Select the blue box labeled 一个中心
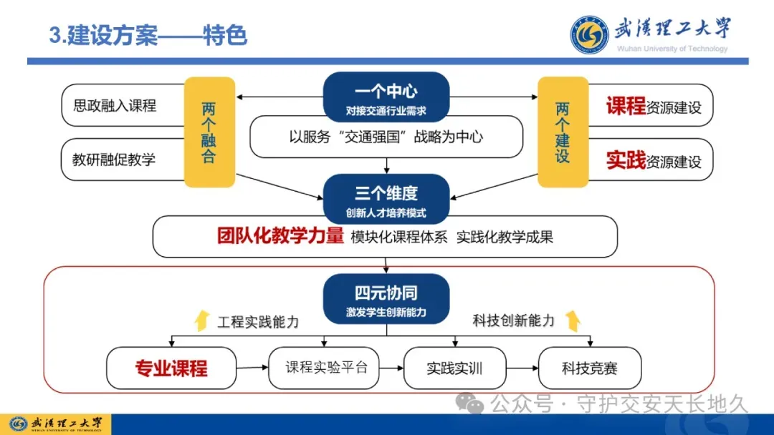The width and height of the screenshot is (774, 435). (x=386, y=99)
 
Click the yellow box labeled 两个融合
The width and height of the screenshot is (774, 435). (x=209, y=132)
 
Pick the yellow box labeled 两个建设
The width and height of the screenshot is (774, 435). (x=563, y=132)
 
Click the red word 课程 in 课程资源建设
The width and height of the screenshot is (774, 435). (x=626, y=107)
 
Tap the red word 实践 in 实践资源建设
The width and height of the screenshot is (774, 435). (x=626, y=160)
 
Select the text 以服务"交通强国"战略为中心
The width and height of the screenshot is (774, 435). (x=386, y=137)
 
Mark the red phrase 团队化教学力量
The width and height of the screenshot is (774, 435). (x=280, y=236)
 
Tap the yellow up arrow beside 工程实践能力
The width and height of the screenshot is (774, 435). (x=201, y=321)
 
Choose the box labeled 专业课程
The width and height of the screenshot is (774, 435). (x=171, y=368)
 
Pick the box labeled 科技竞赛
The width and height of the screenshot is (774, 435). (x=589, y=368)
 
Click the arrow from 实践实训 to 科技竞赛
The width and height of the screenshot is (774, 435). (x=522, y=368)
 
